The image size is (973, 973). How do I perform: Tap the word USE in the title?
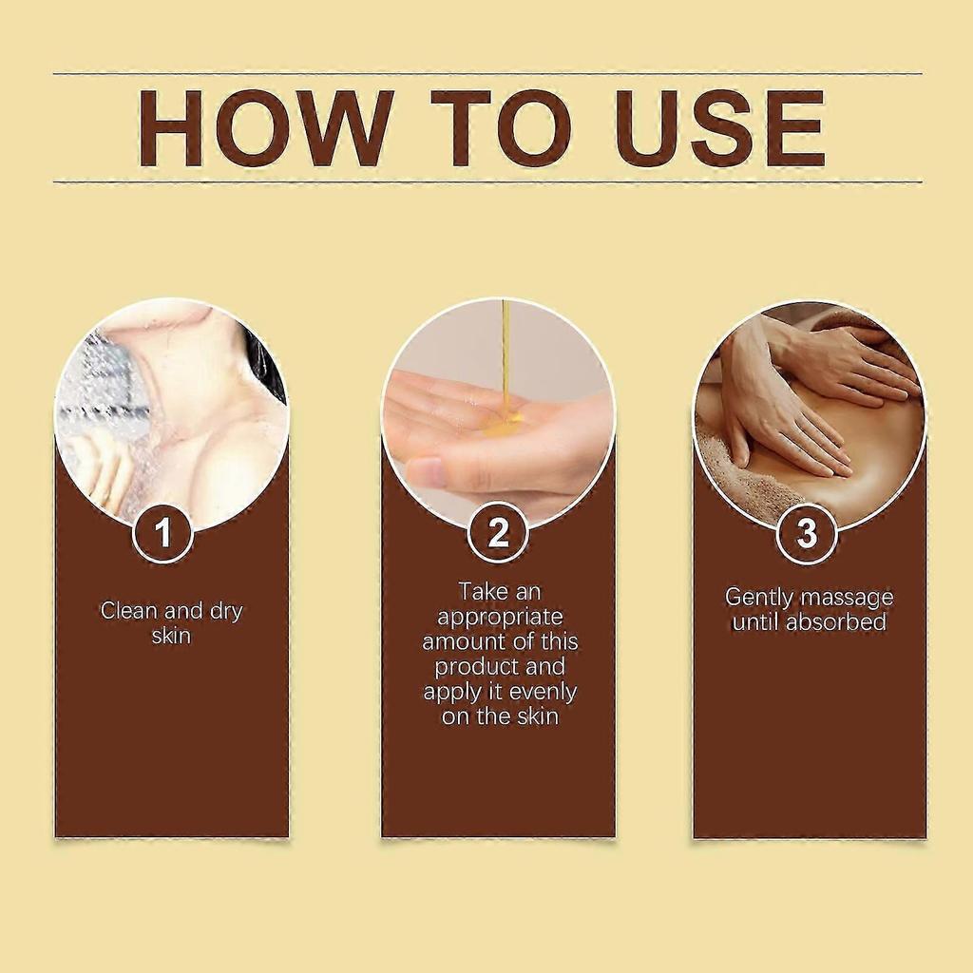click(x=720, y=128)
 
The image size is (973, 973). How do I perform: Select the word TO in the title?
click(x=501, y=128)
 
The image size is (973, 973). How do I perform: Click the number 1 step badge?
click(x=162, y=532)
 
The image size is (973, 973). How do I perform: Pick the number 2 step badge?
click(x=498, y=532)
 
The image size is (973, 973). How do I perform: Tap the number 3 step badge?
click(x=807, y=532)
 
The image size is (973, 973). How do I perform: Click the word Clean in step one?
click(x=129, y=611)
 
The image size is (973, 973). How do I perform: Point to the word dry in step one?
click(x=226, y=613)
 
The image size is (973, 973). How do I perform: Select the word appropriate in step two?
click(x=500, y=618)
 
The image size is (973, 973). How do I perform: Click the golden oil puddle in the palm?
click(x=503, y=423)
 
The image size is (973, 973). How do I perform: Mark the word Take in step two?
click(x=482, y=591)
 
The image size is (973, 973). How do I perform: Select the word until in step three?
click(x=754, y=621)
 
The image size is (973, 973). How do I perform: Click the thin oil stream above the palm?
click(x=506, y=353)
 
